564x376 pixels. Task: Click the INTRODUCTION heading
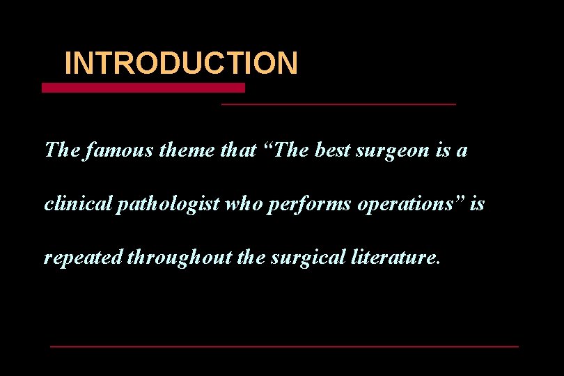coord(181,63)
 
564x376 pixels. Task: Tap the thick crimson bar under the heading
coord(143,88)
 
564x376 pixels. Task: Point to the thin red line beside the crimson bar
coord(338,104)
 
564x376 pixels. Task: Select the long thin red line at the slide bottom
coord(284,346)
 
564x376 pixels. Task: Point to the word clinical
coord(73,205)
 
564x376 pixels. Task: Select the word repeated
coord(83,258)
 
